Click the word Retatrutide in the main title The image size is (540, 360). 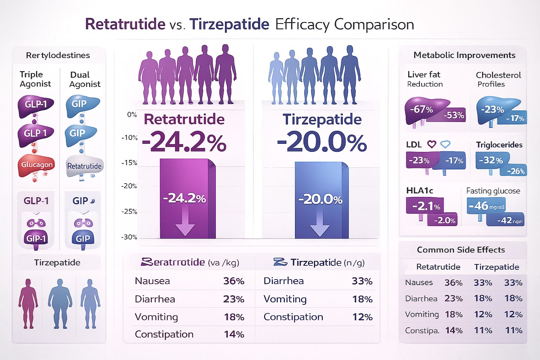125,24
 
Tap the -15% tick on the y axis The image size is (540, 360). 129,163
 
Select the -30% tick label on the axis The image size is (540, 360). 129,237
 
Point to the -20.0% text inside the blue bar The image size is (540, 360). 320,199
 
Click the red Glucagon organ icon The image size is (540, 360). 37,165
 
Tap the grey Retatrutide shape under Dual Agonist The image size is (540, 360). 84,166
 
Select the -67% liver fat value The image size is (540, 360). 421,109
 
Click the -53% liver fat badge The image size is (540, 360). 454,115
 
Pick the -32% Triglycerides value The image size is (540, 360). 491,160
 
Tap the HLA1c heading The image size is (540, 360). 419,191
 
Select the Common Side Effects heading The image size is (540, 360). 461,250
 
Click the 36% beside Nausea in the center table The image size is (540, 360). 233,281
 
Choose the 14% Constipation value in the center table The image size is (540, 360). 234,334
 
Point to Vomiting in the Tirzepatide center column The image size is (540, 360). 285,299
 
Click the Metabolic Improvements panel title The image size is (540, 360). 464,55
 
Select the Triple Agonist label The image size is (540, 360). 35,79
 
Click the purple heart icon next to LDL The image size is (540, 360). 432,144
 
